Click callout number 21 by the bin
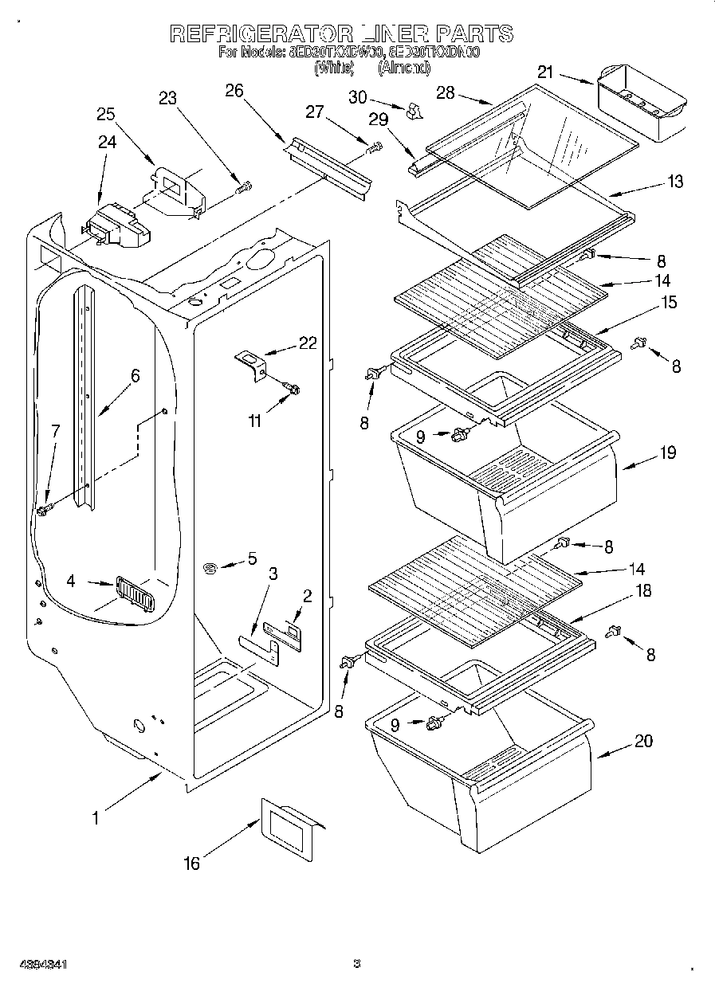pos(545,72)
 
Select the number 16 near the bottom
pos(192,862)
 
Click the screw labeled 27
pos(374,147)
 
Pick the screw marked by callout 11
pos(292,388)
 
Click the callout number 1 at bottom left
pos(96,817)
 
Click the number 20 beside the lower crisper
pos(643,741)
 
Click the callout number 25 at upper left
pos(106,114)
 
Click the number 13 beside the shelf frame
pos(674,182)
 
